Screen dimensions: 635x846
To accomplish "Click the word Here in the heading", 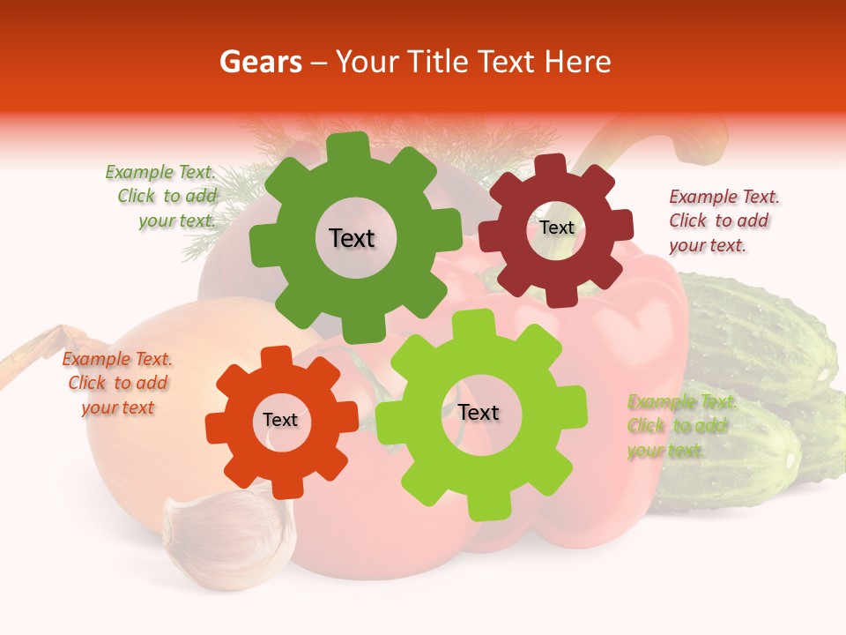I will [x=579, y=62].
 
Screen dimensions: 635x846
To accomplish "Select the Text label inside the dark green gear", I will [x=352, y=238].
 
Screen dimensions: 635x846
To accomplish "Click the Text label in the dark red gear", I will [x=556, y=228].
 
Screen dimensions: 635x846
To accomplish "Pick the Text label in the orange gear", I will [x=280, y=420].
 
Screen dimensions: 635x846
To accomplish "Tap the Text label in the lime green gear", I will [x=478, y=412].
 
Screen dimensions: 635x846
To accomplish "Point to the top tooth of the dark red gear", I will [x=551, y=166].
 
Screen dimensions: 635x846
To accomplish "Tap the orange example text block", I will [x=117, y=383].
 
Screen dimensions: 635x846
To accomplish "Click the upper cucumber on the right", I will [x=758, y=335].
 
